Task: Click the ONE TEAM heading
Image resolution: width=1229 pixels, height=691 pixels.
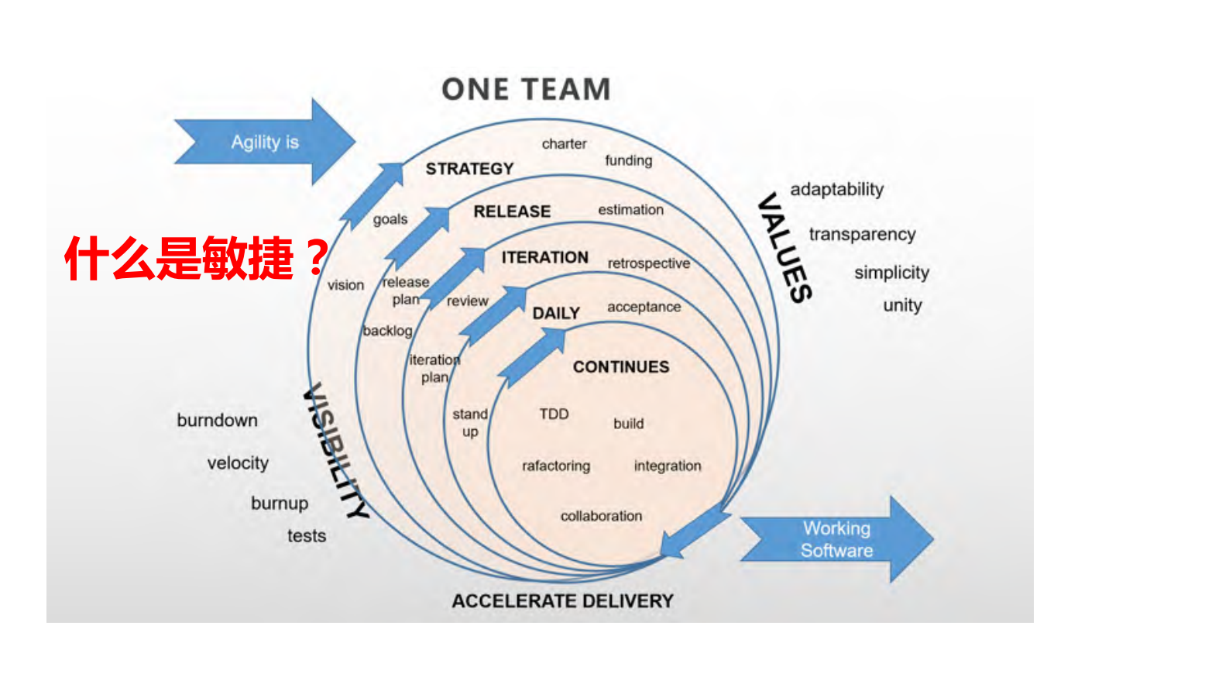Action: pyautogui.click(x=526, y=89)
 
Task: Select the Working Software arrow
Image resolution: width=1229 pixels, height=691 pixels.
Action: pyautogui.click(x=836, y=539)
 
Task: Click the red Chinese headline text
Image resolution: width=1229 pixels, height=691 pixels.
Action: pyautogui.click(x=197, y=258)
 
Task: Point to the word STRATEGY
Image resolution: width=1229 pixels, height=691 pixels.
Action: pyautogui.click(x=469, y=169)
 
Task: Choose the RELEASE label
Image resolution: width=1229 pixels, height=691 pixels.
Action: pyautogui.click(x=512, y=211)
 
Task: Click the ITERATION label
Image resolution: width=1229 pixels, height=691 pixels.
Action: pyautogui.click(x=544, y=257)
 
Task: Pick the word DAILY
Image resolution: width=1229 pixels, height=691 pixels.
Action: pyautogui.click(x=556, y=313)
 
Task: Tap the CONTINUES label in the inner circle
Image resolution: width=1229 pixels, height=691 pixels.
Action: pyautogui.click(x=621, y=367)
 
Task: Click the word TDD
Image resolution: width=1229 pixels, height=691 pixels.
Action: pyautogui.click(x=554, y=414)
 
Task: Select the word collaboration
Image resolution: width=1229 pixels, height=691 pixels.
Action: pyautogui.click(x=601, y=516)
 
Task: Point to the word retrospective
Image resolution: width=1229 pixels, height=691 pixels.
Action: pyautogui.click(x=648, y=263)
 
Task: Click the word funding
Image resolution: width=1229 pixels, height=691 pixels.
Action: pyautogui.click(x=628, y=160)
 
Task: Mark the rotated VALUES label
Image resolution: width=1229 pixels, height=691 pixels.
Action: pyautogui.click(x=784, y=248)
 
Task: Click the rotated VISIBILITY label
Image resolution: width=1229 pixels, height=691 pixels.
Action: pyautogui.click(x=335, y=452)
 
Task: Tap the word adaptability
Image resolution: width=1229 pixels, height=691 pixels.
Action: pyautogui.click(x=836, y=190)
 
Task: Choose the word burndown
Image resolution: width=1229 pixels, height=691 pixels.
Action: pyautogui.click(x=217, y=421)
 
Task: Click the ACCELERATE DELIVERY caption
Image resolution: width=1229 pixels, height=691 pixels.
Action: pyautogui.click(x=562, y=601)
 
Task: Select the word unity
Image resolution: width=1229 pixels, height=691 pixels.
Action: pyautogui.click(x=902, y=305)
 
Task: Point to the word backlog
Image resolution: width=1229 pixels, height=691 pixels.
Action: pyautogui.click(x=387, y=331)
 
